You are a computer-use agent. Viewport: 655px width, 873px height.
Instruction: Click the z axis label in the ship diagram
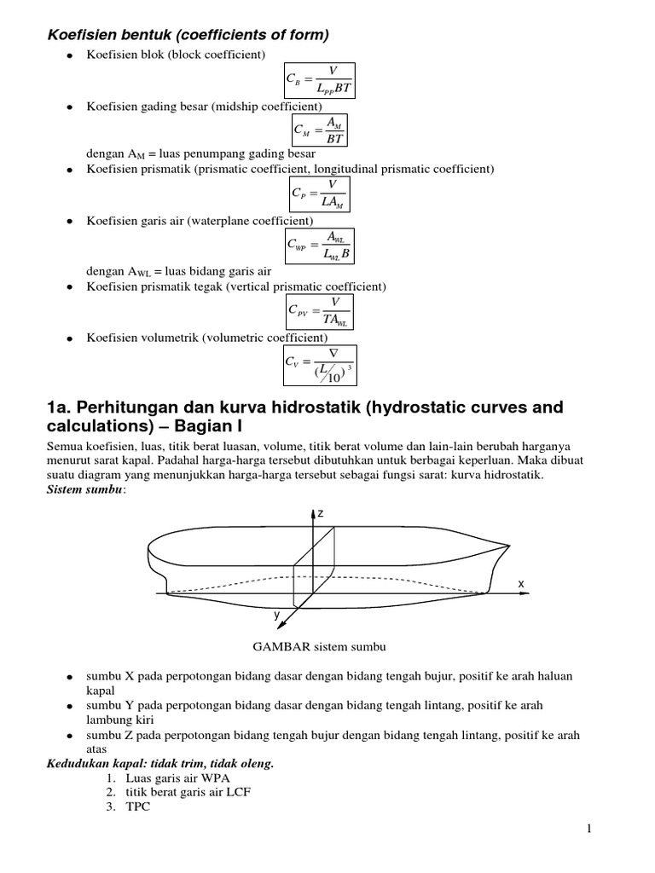321,514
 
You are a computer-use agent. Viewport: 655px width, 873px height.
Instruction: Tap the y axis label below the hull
275,615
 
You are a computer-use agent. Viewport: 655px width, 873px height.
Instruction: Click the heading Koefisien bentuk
188,34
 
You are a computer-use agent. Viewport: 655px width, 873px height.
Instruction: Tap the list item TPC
137,807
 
